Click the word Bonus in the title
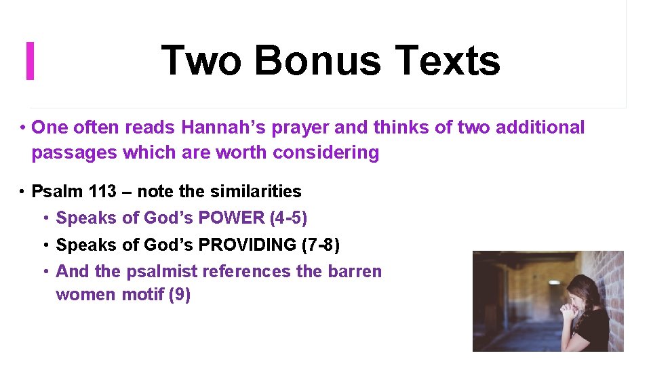(319, 60)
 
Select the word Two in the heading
(201, 60)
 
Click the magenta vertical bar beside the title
(30, 60)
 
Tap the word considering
(325, 152)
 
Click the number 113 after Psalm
(102, 192)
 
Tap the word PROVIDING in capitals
(260, 245)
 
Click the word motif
(138, 296)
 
